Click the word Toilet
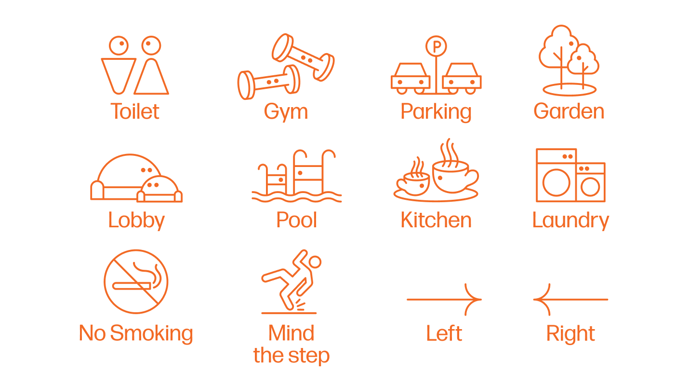(135, 111)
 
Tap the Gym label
(286, 112)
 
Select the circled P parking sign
(436, 46)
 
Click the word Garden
(569, 111)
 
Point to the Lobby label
(136, 221)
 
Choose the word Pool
(296, 220)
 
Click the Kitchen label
(436, 220)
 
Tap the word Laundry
(570, 221)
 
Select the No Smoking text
(136, 333)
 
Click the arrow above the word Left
(444, 299)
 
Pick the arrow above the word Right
(570, 299)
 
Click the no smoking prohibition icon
(136, 281)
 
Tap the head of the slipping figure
(314, 262)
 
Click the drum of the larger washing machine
(556, 182)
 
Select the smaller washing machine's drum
(590, 187)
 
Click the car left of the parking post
(411, 79)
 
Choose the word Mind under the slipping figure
(291, 333)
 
